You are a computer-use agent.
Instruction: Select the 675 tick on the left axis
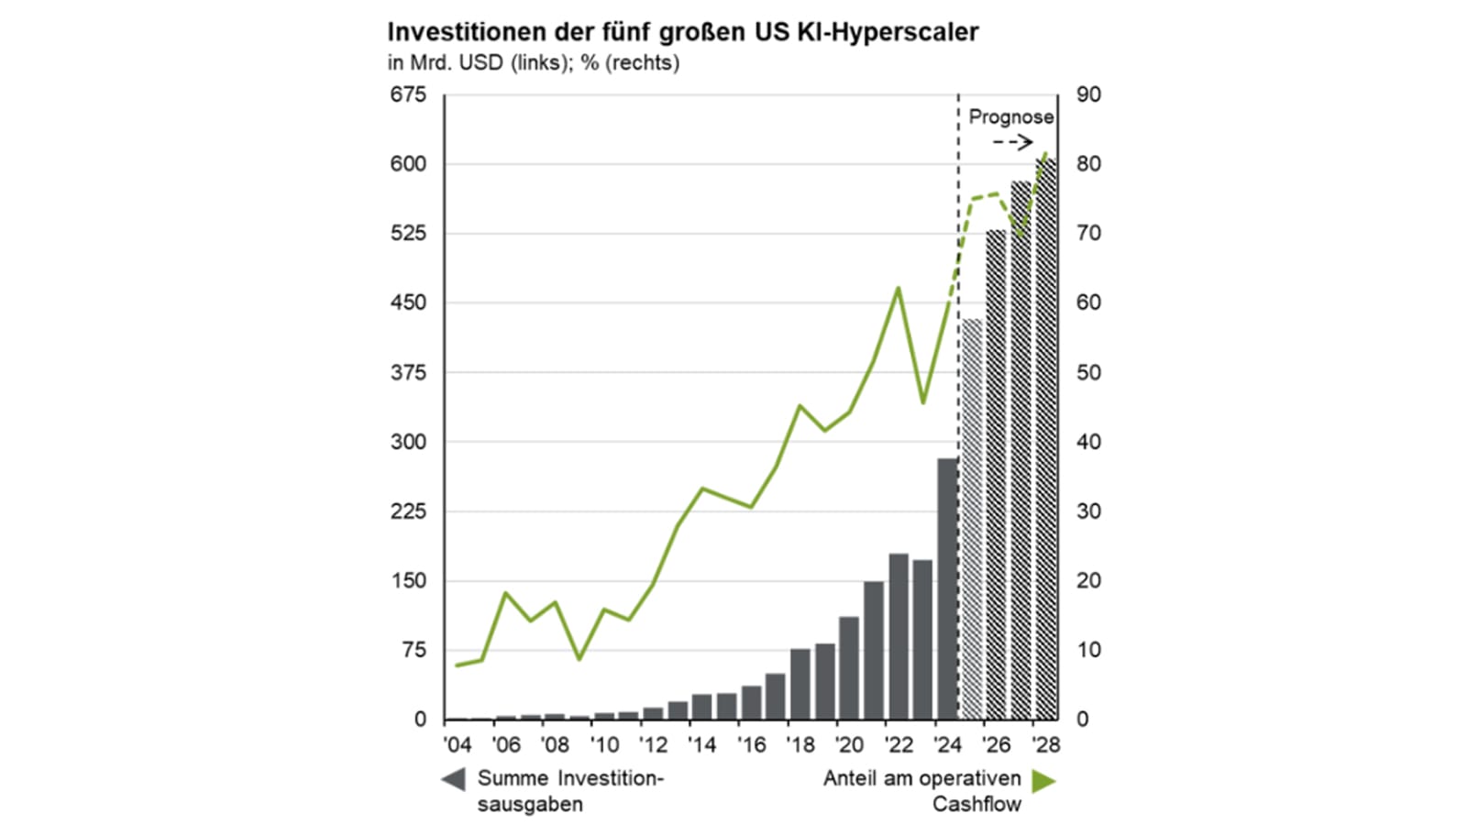point(408,94)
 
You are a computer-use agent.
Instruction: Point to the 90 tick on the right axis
point(1088,94)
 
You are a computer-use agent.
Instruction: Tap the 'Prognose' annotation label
point(1010,117)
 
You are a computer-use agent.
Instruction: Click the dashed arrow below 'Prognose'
point(1013,142)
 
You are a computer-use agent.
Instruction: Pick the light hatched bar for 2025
point(972,519)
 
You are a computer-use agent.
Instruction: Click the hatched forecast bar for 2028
point(1045,440)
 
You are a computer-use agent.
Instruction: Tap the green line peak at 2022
point(898,288)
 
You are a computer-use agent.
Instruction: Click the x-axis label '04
point(457,744)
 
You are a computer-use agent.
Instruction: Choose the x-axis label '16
point(751,744)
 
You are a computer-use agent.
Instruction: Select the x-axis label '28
point(1045,744)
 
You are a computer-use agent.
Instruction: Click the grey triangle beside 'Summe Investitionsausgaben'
point(453,779)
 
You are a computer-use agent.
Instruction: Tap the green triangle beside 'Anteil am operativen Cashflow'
point(1043,781)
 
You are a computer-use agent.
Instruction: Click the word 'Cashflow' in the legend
point(976,804)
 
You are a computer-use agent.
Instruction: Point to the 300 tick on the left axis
point(408,442)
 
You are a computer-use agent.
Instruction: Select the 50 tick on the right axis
point(1088,372)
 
